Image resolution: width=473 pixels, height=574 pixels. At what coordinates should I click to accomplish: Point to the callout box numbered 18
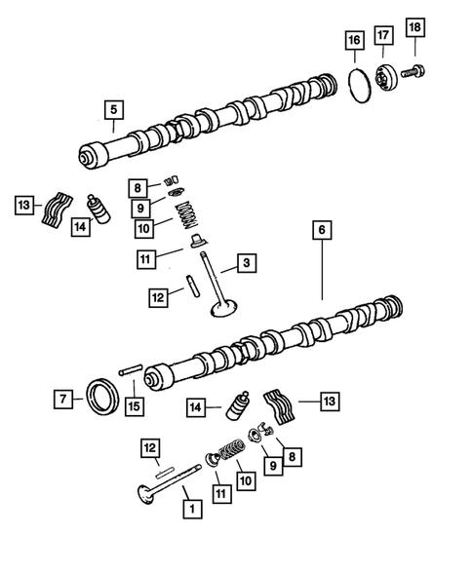coord(415,29)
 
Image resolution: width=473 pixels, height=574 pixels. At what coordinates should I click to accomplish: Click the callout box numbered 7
coord(62,398)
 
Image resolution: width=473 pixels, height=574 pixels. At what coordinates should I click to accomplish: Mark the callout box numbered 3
coord(248,263)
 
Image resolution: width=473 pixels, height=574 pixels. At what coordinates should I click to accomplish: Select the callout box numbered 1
coord(189,507)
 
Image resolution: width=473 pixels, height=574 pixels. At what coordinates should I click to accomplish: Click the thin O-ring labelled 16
coord(360,81)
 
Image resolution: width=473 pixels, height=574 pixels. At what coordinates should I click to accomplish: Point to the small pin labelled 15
coord(130,371)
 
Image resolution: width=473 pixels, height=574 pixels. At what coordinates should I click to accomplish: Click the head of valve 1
coord(149,494)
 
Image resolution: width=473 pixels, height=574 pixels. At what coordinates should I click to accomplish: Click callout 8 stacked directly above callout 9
coord(140,187)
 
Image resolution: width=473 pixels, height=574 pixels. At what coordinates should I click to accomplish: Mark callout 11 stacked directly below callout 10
coord(144,258)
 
